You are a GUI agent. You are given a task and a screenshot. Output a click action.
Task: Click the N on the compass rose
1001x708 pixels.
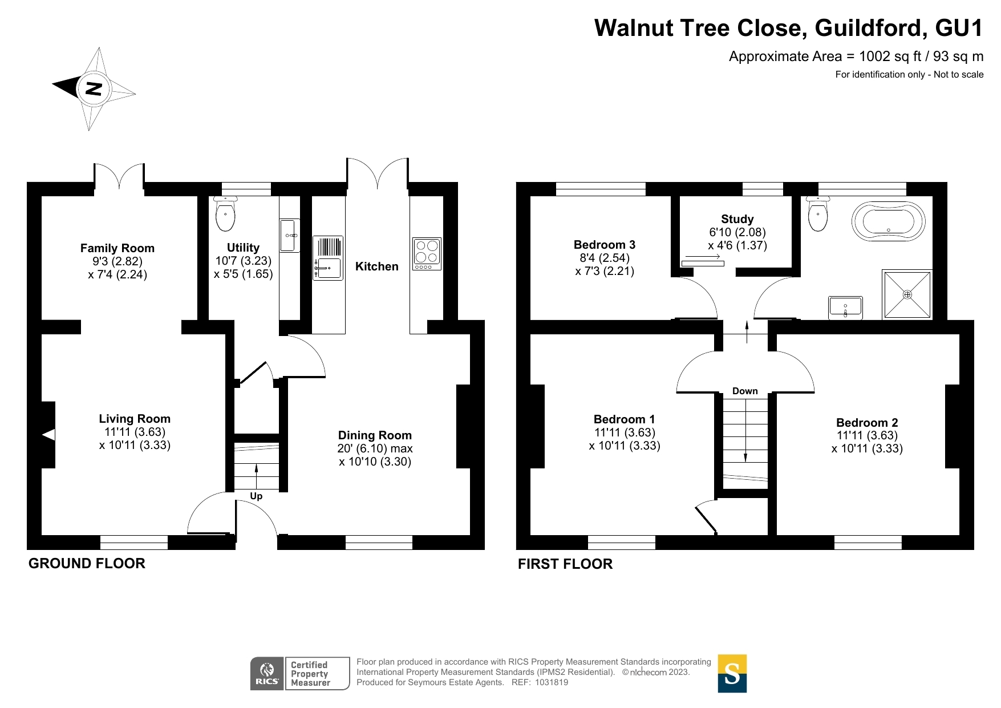click(x=94, y=88)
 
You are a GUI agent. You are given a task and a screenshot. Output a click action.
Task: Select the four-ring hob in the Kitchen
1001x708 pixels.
click(x=427, y=254)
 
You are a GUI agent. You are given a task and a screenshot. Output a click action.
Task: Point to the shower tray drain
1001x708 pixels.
click(x=907, y=295)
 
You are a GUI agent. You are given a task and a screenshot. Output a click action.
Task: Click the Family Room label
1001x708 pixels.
click(x=117, y=248)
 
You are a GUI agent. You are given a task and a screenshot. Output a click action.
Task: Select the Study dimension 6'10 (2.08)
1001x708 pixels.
click(x=737, y=232)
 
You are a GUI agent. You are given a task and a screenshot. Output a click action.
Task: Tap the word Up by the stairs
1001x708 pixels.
click(x=256, y=496)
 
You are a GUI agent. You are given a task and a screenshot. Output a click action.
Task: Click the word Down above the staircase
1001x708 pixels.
click(x=745, y=391)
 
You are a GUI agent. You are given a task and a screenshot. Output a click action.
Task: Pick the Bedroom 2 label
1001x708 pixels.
click(x=866, y=423)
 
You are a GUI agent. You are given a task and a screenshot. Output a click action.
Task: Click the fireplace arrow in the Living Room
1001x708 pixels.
click(x=49, y=435)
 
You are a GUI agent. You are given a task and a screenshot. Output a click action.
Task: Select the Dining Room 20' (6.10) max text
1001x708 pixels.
click(x=375, y=449)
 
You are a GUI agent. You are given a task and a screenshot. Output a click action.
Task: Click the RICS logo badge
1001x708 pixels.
click(x=267, y=674)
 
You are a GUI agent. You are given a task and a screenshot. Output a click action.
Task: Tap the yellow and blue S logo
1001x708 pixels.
click(x=732, y=674)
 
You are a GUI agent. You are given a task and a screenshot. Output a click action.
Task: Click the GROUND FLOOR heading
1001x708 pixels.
click(x=87, y=564)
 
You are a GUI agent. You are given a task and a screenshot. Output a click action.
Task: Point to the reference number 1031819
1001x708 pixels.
click(x=551, y=682)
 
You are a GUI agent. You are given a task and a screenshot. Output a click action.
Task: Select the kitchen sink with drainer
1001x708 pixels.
click(x=328, y=258)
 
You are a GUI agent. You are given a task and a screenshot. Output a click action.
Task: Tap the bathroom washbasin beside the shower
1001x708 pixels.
click(x=845, y=308)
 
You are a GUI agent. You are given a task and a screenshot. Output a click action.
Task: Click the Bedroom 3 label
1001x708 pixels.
click(x=604, y=245)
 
